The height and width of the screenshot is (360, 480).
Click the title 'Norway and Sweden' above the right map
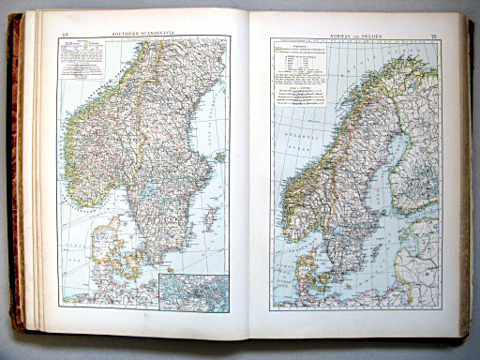click(x=361, y=33)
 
